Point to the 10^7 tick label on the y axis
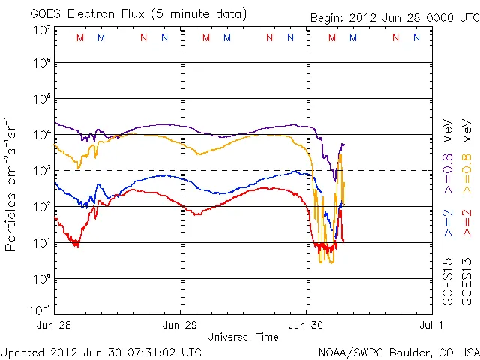[41, 29]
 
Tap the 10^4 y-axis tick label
[41, 135]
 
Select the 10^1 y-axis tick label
[41, 243]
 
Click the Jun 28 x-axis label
[54, 325]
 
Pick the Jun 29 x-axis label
[181, 325]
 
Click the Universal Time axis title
[243, 337]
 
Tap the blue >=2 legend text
[448, 223]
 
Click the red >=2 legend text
[466, 223]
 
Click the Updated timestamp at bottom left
[101, 352]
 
